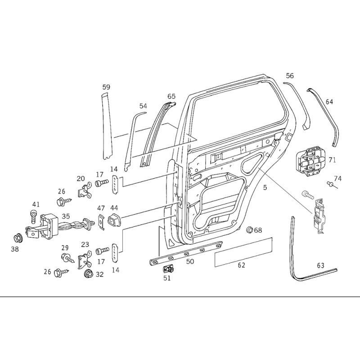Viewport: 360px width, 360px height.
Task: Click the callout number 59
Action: pos(106,87)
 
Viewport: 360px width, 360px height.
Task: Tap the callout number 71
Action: pos(333,160)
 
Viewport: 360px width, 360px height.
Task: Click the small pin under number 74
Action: pos(330,184)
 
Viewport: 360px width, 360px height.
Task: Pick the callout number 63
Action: pos(320,265)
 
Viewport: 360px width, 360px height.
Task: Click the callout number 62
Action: pos(242,265)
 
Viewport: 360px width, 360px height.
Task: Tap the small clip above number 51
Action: pos(168,269)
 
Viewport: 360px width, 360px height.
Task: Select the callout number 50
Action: pos(190,261)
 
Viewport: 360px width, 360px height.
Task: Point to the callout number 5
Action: pos(265,187)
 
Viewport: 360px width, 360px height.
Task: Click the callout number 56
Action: pos(290,76)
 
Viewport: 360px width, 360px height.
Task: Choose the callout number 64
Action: pos(329,102)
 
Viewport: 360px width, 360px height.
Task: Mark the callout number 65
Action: pos(171,96)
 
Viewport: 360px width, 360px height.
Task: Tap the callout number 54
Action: pos(143,106)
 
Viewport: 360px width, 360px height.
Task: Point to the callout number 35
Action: pos(66,216)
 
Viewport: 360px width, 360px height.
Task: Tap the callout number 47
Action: pos(101,208)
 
